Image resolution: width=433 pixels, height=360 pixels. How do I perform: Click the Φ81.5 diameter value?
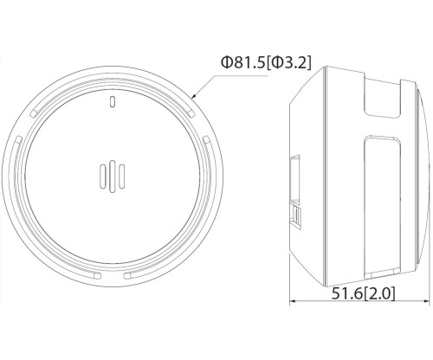[242, 62]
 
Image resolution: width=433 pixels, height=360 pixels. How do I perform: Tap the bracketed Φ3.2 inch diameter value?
[288, 62]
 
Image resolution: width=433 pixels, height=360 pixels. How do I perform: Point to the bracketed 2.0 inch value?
[379, 293]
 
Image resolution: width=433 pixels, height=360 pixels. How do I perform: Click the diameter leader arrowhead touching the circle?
[194, 96]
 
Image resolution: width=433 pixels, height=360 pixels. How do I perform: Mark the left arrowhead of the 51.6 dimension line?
[293, 301]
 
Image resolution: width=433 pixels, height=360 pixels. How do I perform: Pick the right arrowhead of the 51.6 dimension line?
[426, 301]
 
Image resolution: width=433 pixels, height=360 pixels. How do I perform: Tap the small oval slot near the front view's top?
[113, 101]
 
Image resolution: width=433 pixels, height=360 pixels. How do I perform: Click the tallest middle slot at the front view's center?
[113, 177]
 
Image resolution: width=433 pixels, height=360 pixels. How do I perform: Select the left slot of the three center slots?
[103, 177]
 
